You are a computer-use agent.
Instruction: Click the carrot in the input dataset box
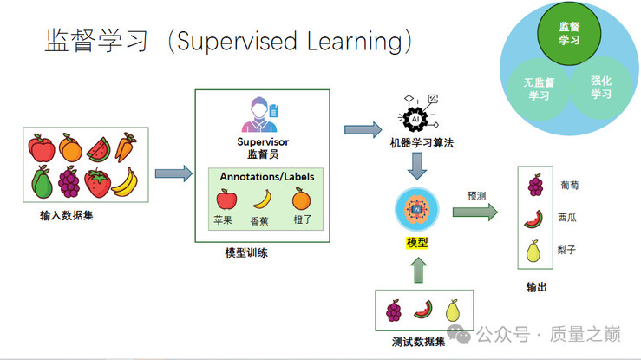point(125,147)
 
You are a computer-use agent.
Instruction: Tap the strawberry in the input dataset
point(98,183)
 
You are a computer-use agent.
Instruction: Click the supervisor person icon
point(260,115)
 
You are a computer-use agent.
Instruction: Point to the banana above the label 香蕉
point(263,200)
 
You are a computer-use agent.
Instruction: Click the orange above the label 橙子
point(302,199)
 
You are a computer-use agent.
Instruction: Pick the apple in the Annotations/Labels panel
point(226,199)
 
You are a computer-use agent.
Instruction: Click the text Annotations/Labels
point(267,176)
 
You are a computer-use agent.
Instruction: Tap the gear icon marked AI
point(415,119)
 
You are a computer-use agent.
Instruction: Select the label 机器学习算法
point(422,143)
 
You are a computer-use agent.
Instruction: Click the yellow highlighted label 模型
point(417,243)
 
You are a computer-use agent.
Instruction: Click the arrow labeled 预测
point(475,212)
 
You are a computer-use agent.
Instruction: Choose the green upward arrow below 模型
point(418,270)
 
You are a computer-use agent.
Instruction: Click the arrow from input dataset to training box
point(173,173)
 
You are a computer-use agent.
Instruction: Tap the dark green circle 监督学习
point(569,33)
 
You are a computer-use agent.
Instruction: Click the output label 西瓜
point(567,218)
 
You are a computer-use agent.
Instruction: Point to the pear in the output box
point(533,251)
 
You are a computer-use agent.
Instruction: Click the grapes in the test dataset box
point(394,311)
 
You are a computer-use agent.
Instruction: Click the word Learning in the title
point(355,42)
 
